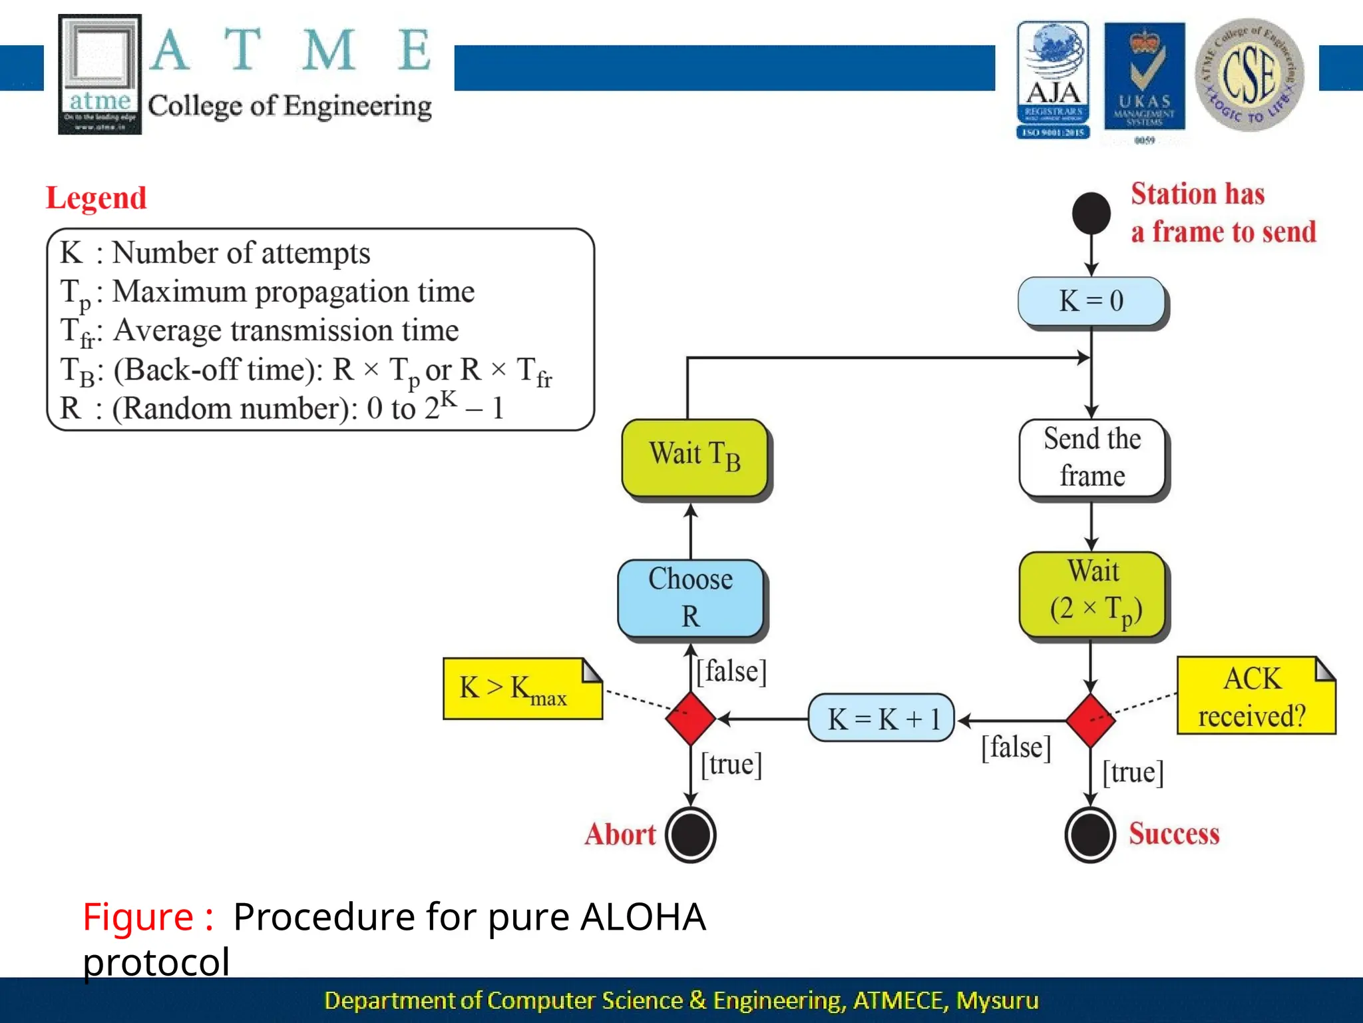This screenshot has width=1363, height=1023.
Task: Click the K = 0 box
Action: pyautogui.click(x=1091, y=301)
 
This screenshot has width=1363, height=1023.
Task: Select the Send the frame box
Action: pyautogui.click(x=1092, y=458)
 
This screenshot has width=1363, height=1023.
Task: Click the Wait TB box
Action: pyautogui.click(x=694, y=457)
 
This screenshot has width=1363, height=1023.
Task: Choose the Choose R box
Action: pyautogui.click(x=691, y=597)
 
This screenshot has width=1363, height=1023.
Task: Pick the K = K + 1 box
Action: pyautogui.click(x=881, y=718)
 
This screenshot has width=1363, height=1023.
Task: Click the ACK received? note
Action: pyautogui.click(x=1254, y=696)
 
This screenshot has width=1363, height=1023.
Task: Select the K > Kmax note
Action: pyautogui.click(x=521, y=689)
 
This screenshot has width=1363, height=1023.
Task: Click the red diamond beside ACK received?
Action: pyautogui.click(x=1090, y=720)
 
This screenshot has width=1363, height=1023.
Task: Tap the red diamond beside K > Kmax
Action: pyautogui.click(x=691, y=718)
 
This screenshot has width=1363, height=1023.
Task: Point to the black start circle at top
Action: pyautogui.click(x=1091, y=214)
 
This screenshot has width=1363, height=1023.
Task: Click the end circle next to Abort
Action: pyautogui.click(x=691, y=835)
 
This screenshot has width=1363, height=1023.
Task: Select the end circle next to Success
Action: pyautogui.click(x=1090, y=835)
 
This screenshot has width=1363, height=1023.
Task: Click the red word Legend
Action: pyautogui.click(x=96, y=198)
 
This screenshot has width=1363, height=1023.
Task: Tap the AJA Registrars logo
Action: pyautogui.click(x=1053, y=80)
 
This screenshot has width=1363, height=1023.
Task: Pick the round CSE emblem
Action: pyautogui.click(x=1249, y=75)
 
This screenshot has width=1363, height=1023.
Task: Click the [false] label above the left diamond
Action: pyautogui.click(x=731, y=671)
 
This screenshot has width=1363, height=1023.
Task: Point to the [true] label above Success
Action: pyautogui.click(x=1133, y=773)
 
